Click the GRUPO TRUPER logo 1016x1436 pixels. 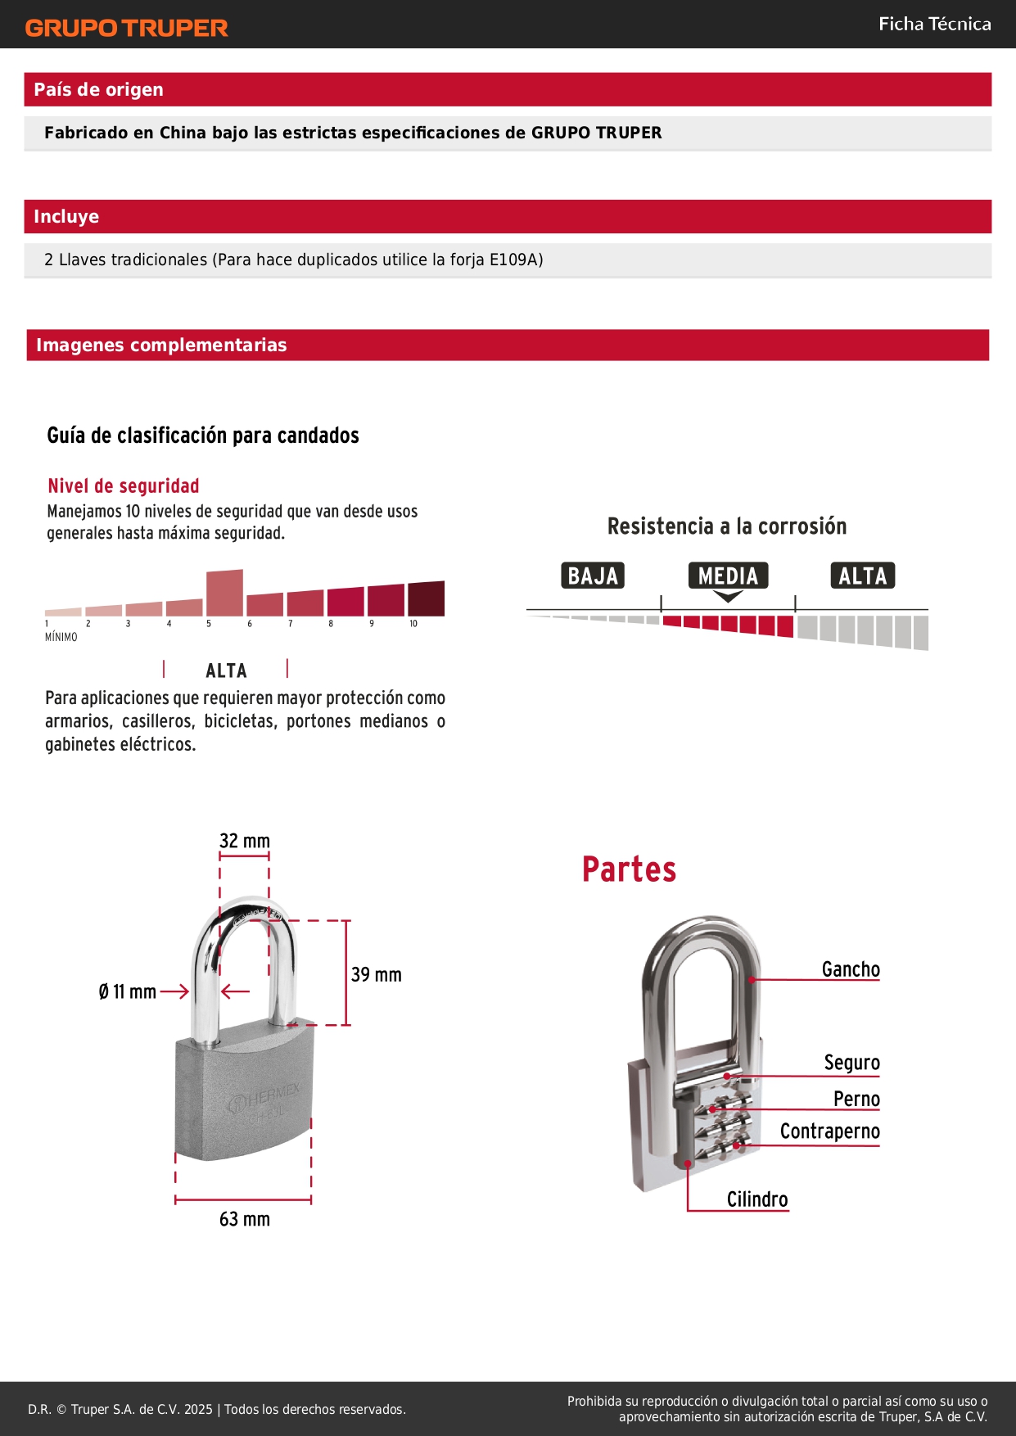coord(127,28)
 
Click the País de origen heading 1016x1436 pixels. coord(98,90)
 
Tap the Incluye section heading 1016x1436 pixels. coord(66,217)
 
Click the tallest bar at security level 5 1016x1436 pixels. coord(224,593)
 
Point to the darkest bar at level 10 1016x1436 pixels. coord(426,598)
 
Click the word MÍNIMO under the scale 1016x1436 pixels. coord(61,637)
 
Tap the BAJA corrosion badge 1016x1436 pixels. coord(593,576)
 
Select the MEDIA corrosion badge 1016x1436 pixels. coord(728,576)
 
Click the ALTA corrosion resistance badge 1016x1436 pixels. coord(862,576)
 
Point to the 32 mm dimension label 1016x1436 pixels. coord(245,841)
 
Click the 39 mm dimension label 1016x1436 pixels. coord(377,975)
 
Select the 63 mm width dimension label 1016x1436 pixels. coord(245,1219)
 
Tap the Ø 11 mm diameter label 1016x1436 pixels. coord(127,992)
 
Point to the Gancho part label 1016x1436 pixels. coord(851,969)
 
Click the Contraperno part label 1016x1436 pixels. coord(829,1131)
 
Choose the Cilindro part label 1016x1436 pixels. coord(757,1199)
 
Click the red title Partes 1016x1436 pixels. coord(629,869)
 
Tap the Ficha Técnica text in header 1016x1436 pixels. coord(934,25)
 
